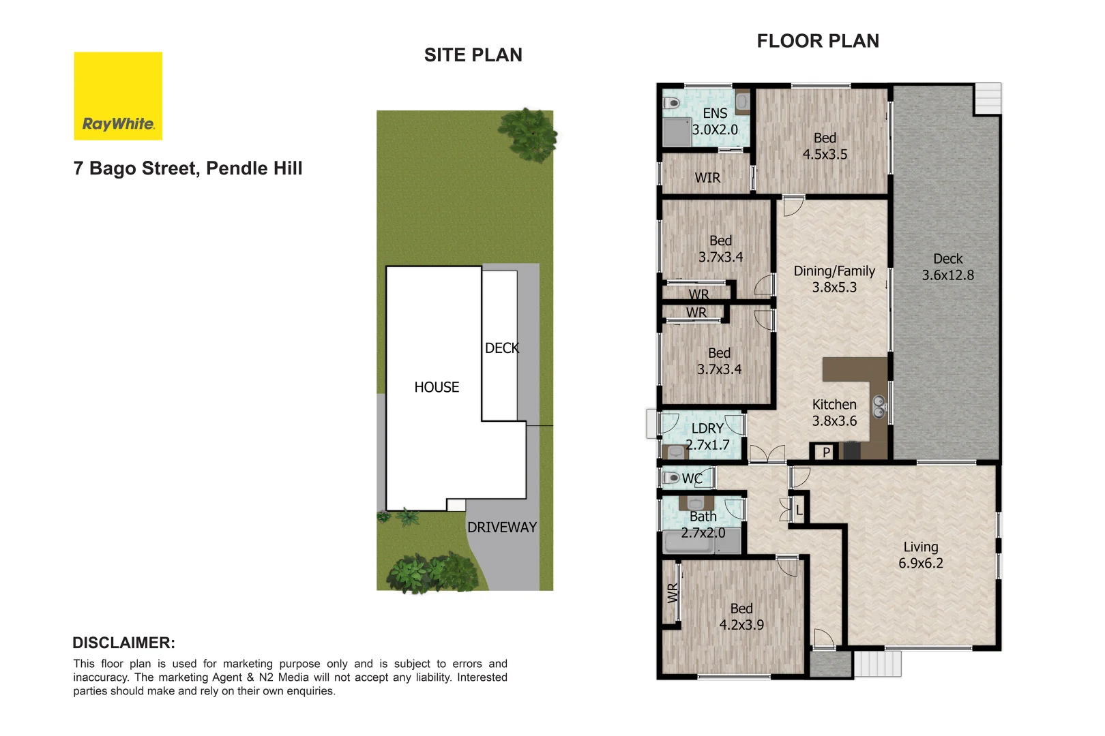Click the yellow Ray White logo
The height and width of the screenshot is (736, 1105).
point(118,96)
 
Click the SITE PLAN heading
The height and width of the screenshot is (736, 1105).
point(473,55)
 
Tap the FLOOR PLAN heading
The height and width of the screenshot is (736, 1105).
point(817,41)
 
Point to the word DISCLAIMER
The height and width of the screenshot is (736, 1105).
point(123,643)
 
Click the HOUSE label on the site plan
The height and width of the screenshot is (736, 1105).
point(437,387)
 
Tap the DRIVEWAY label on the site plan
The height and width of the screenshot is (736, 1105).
point(502,527)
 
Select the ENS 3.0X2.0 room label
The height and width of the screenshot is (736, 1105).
point(715,121)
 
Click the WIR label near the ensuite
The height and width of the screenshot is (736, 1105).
point(707,178)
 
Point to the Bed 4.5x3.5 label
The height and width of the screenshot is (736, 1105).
point(825,146)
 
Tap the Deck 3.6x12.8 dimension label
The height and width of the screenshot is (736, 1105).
point(947,267)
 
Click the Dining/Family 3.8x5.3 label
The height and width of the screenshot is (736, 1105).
point(834,279)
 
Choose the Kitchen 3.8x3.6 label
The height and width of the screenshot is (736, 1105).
point(834,412)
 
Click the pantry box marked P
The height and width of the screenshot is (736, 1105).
point(826,452)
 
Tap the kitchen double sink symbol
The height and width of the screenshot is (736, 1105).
point(879,407)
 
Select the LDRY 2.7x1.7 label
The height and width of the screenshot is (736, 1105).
point(707,436)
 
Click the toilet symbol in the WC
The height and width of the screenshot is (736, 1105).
point(672,478)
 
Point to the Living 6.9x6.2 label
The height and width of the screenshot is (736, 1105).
point(920,555)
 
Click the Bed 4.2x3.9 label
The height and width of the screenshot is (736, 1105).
point(741,616)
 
